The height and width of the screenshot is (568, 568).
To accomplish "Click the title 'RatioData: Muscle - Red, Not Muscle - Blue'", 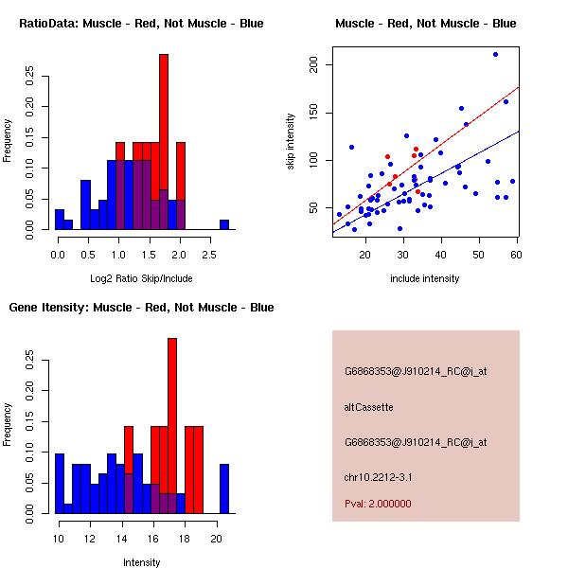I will (141, 24).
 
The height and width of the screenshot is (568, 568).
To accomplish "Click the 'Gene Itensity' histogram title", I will (141, 308).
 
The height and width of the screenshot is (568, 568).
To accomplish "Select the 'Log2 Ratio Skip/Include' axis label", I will (141, 278).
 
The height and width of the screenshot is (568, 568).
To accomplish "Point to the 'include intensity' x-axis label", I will (425, 278).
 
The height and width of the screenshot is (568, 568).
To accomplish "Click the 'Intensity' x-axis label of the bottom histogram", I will (141, 562).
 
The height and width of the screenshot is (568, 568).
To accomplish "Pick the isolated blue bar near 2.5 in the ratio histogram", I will (224, 224).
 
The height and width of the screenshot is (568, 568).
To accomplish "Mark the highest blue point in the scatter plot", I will (495, 54).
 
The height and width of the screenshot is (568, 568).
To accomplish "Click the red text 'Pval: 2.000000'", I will (378, 504).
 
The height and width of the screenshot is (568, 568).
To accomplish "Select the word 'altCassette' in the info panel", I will (368, 407).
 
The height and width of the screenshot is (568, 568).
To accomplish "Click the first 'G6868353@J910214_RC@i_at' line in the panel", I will (415, 372).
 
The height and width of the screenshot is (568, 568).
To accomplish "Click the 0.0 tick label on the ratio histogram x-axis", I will (58, 253).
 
